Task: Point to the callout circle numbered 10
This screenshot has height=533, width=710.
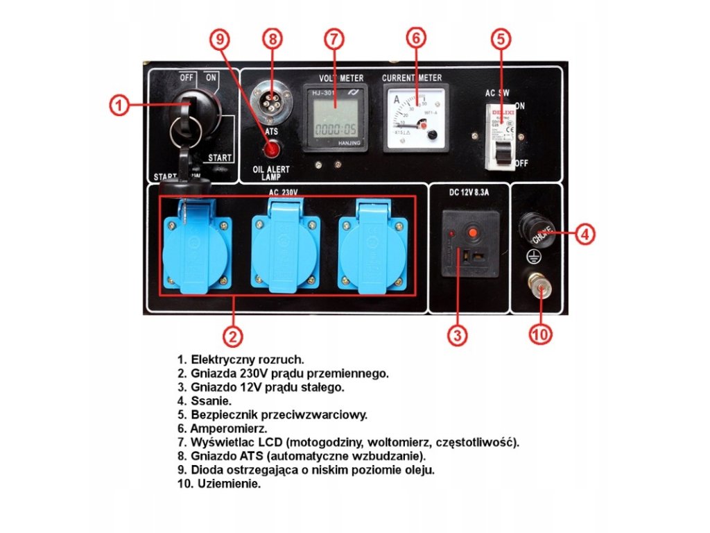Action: coord(540,335)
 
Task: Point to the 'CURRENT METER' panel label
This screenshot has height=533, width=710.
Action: coord(412,77)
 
